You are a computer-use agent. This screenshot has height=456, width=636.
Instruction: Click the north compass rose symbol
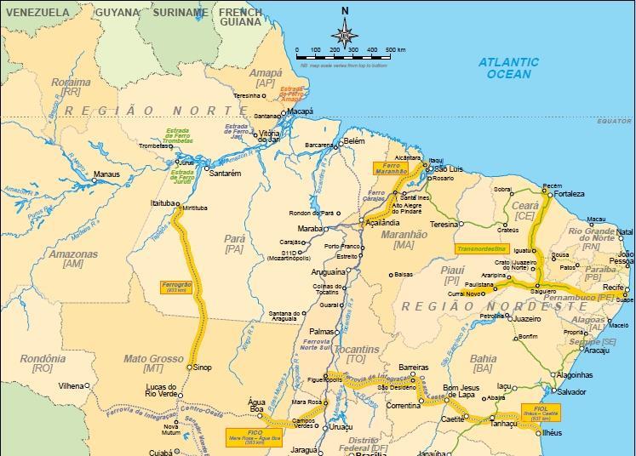click(x=345, y=33)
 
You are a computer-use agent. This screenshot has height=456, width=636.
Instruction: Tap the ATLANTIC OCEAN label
click(x=508, y=68)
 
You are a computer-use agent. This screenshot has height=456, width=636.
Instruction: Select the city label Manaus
click(x=106, y=174)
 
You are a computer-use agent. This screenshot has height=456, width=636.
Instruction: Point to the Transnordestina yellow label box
click(x=482, y=249)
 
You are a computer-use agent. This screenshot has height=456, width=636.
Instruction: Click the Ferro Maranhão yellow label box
click(x=391, y=168)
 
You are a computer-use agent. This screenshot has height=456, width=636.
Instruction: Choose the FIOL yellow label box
click(x=540, y=411)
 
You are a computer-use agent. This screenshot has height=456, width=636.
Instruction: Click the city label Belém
click(x=353, y=141)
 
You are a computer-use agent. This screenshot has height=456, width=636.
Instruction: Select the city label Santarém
click(x=225, y=173)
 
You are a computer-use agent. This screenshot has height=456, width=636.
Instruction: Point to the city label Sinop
click(x=202, y=368)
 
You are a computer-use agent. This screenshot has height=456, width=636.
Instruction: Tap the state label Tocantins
click(x=357, y=350)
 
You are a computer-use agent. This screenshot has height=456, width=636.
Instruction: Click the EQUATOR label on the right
click(x=613, y=122)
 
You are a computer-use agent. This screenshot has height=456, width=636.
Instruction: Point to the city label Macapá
click(x=299, y=111)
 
